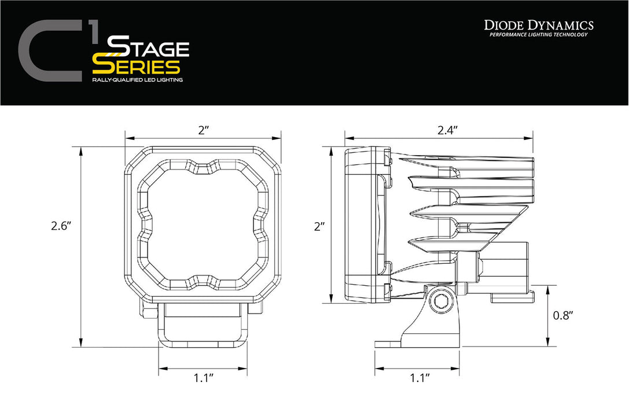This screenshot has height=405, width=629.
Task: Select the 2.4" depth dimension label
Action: tap(448, 130)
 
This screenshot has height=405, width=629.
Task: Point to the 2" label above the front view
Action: tap(203, 130)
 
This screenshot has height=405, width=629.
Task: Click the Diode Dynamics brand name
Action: tap(539, 24)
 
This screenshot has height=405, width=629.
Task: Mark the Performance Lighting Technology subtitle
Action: tap(539, 35)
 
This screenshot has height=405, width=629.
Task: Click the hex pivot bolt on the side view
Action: tap(442, 301)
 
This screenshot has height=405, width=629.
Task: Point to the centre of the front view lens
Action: tap(203, 223)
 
